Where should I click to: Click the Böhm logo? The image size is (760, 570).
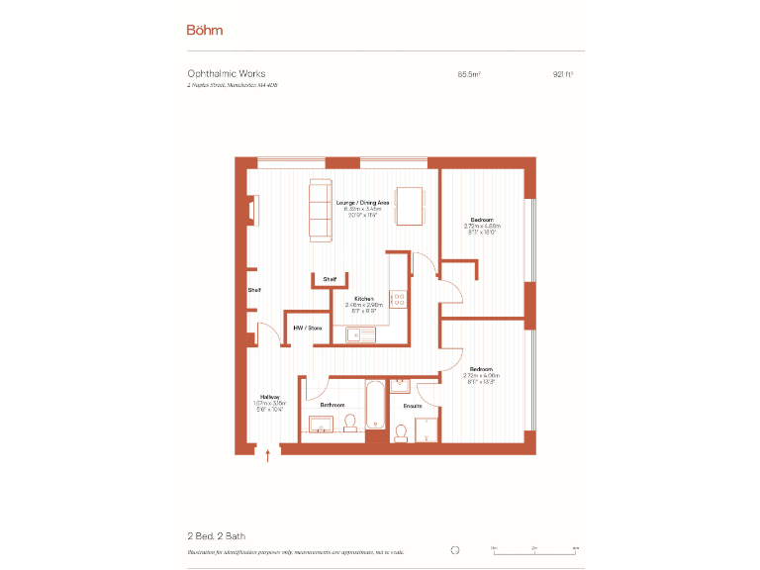click(x=205, y=30)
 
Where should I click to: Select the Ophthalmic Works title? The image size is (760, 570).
click(x=227, y=73)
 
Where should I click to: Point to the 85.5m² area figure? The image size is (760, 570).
click(x=469, y=73)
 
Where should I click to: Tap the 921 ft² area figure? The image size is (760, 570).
click(x=563, y=73)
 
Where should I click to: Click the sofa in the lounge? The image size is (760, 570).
click(x=321, y=210)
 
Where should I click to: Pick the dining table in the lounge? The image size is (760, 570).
click(x=410, y=207)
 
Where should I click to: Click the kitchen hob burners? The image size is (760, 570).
click(x=399, y=299)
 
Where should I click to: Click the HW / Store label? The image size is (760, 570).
click(x=307, y=328)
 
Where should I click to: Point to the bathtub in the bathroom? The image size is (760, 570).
click(x=376, y=406)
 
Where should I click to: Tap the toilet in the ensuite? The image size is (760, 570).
click(x=401, y=432)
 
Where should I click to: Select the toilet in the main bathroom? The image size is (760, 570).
click(x=349, y=424)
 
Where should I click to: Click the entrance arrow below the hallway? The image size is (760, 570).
click(x=268, y=455)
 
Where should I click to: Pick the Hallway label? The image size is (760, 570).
click(x=270, y=397)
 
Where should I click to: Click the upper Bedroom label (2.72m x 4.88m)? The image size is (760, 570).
click(x=482, y=219)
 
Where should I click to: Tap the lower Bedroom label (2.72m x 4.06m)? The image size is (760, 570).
click(x=482, y=369)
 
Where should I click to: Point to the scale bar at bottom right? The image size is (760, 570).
click(x=535, y=549)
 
